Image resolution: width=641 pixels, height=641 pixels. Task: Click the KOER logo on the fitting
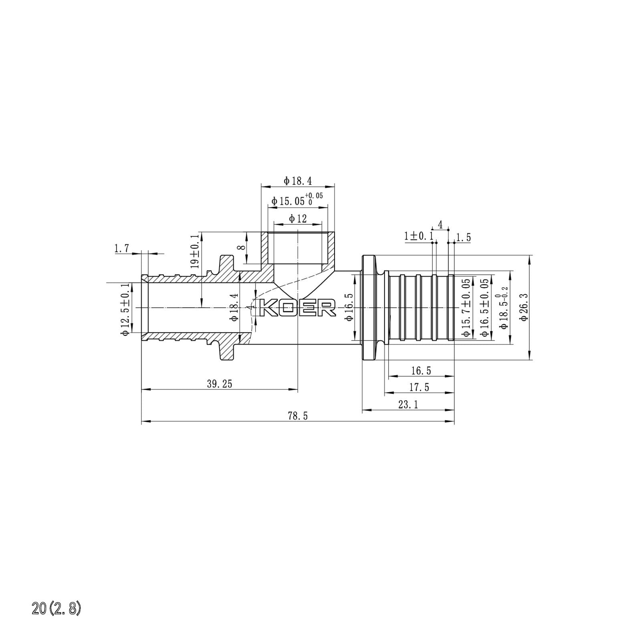tap(298, 308)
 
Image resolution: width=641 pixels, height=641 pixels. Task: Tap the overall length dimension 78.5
tap(298, 416)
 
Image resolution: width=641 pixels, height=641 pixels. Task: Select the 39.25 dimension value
tap(220, 384)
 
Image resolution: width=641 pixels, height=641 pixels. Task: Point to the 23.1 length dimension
tap(408, 405)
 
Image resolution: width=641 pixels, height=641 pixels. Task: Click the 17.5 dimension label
tap(419, 387)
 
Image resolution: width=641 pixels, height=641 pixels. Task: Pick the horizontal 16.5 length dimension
tap(421, 371)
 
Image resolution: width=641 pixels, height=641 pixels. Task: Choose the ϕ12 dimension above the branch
tap(298, 219)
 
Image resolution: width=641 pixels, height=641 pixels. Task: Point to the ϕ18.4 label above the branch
tap(298, 181)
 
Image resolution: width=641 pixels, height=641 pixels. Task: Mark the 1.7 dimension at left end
tap(122, 249)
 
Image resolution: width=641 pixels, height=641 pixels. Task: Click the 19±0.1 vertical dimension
tap(195, 251)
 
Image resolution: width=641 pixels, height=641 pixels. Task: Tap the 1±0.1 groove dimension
tap(419, 236)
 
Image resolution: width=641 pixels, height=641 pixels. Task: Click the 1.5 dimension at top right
tap(464, 238)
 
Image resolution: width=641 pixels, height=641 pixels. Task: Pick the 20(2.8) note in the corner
tap(56, 609)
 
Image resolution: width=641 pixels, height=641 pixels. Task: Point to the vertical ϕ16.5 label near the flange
tap(349, 306)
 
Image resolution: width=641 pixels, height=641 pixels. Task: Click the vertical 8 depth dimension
tap(241, 247)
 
